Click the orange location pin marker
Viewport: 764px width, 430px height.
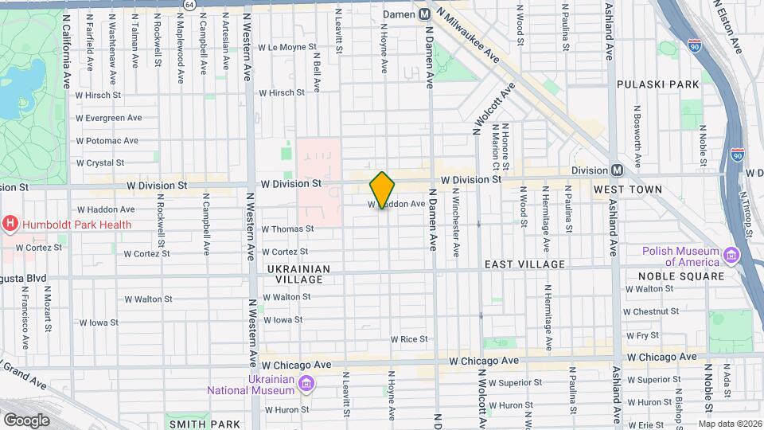click(x=382, y=190)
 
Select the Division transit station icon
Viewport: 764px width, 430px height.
click(x=617, y=170)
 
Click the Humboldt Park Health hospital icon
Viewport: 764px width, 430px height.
click(x=10, y=224)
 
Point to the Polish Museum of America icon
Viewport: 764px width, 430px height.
click(x=731, y=255)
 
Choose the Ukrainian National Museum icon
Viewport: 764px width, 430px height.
click(x=306, y=385)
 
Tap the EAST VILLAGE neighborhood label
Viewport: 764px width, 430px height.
click(x=524, y=264)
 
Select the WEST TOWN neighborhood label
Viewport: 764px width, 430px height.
click(x=628, y=190)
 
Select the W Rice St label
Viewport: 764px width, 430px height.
click(x=409, y=339)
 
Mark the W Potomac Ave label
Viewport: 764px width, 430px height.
click(x=107, y=141)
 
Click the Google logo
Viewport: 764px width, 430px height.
click(x=26, y=420)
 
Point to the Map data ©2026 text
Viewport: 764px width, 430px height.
click(x=729, y=424)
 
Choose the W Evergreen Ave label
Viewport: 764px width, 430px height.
click(x=109, y=118)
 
